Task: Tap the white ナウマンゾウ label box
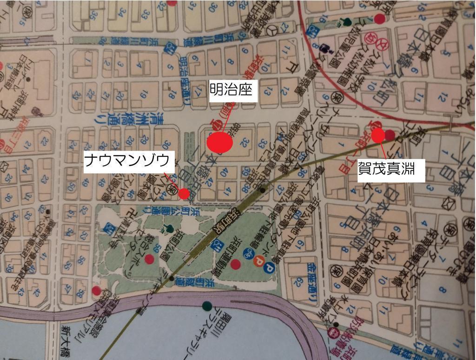click(x=129, y=162)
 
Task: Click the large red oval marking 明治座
click(x=220, y=142)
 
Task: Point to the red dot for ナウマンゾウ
click(x=184, y=193)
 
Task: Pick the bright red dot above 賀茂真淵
click(x=378, y=135)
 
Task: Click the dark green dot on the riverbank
click(x=207, y=306)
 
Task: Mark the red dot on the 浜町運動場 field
click(x=236, y=264)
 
